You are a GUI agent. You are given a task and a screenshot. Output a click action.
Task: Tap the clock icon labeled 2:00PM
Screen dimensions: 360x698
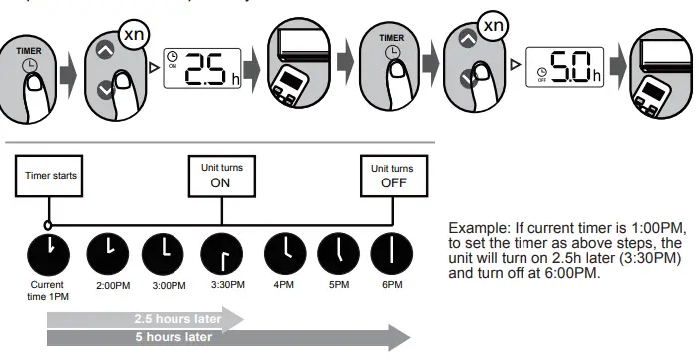tap(109, 253)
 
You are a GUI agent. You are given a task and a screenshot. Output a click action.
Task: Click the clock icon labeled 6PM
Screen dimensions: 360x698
tap(390, 253)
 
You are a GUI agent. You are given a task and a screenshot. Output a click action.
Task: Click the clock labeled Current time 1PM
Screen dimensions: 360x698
tap(47, 253)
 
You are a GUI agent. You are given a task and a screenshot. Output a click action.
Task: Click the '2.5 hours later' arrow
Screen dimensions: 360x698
tap(145, 319)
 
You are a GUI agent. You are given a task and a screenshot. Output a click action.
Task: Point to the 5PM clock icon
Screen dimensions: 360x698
tap(338, 253)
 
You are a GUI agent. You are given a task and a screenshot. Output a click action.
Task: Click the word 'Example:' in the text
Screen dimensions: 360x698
tap(478, 228)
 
